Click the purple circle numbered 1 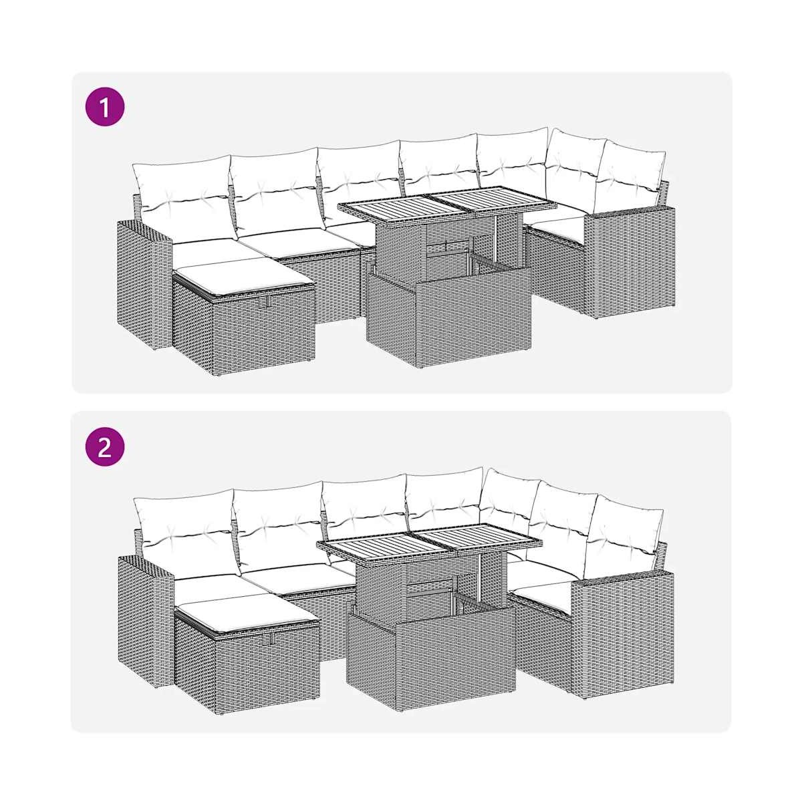(x=105, y=106)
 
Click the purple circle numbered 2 (x=105, y=446)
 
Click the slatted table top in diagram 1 (x=446, y=202)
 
